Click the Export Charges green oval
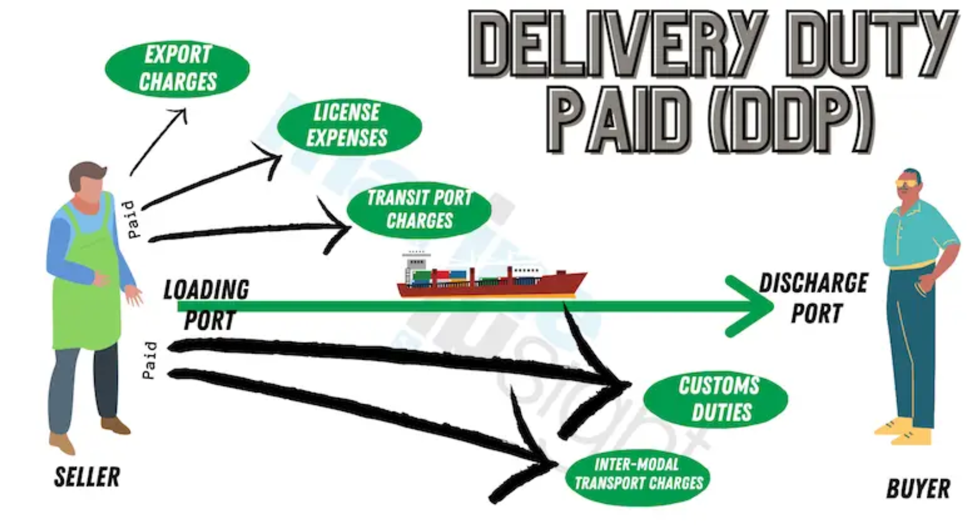177,68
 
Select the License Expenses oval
348,126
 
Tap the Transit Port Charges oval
420,209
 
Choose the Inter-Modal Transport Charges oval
638,475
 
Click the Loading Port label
206,305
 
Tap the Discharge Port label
814,298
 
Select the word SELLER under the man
87,477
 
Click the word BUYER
918,488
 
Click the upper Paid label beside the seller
131,219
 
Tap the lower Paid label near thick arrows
149,360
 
